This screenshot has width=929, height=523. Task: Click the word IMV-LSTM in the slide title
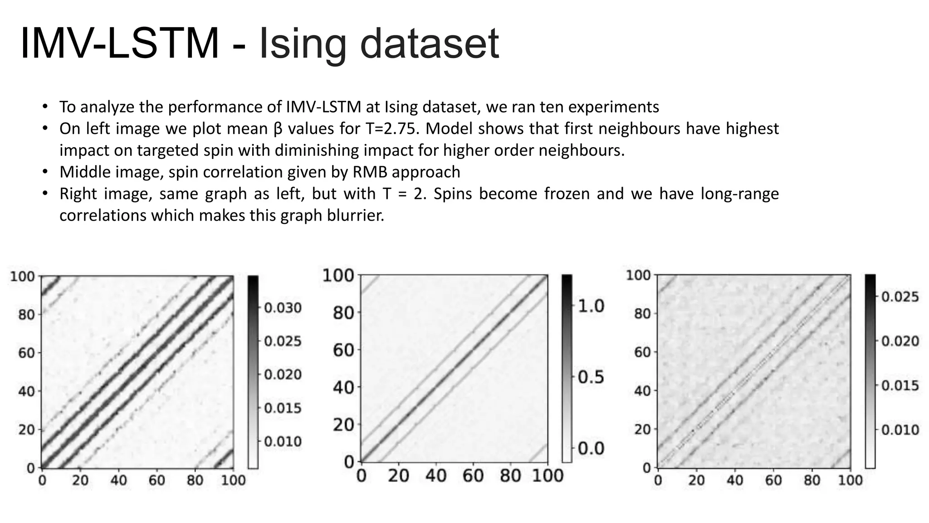(x=120, y=44)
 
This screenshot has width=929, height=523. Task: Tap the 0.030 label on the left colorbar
(x=283, y=308)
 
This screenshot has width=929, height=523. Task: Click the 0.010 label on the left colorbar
(x=283, y=441)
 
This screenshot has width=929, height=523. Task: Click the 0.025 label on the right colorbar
(x=900, y=297)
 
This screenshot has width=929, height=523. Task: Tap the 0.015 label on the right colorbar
(x=900, y=385)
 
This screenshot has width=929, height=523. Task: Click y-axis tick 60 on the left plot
(x=26, y=352)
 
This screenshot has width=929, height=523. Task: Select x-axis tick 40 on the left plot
(x=118, y=480)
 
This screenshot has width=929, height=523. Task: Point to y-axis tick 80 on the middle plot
(x=342, y=312)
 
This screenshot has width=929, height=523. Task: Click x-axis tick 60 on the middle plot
(x=473, y=476)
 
